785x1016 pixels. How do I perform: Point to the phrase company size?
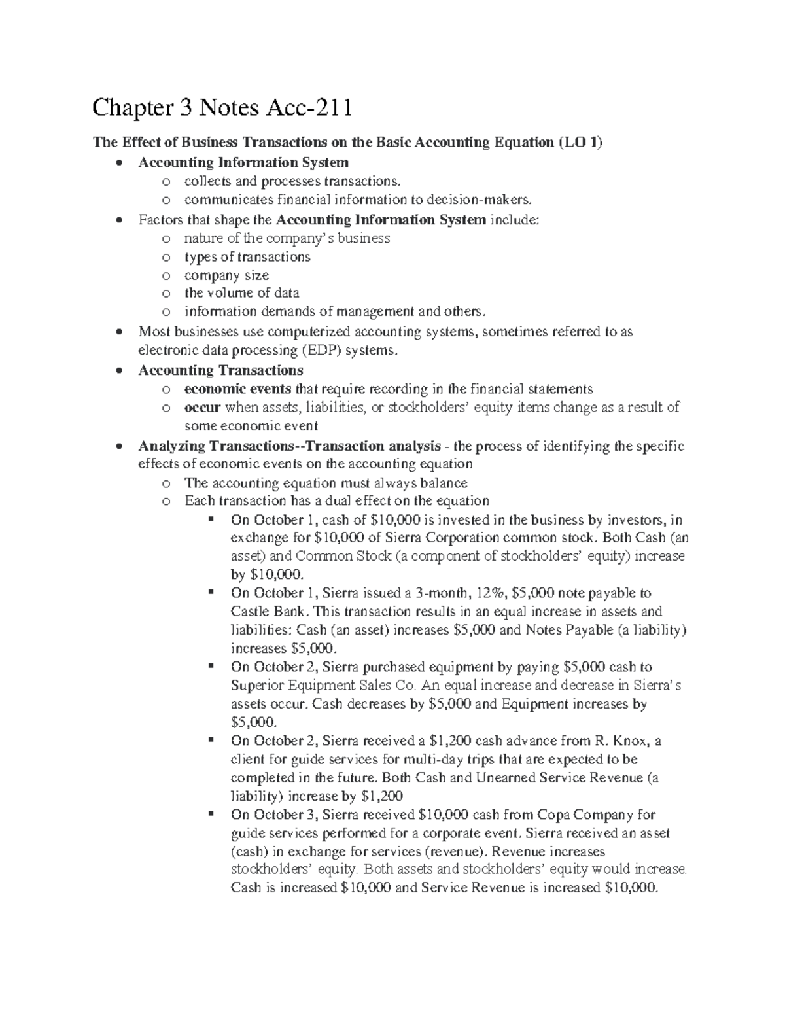[226, 275]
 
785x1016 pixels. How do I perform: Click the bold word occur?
[202, 408]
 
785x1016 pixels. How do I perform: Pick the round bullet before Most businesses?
[118, 332]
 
